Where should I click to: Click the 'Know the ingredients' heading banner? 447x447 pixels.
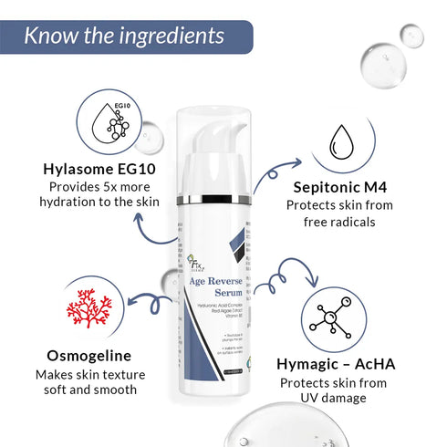pos(124,36)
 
